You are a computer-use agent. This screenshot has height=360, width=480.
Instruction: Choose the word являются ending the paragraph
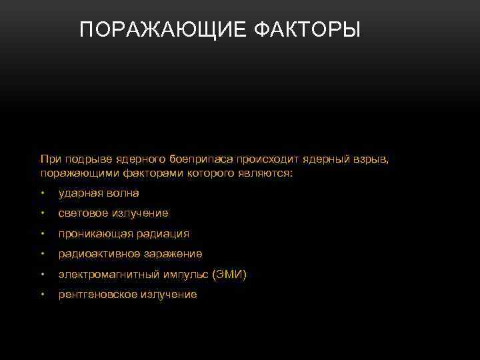pyautogui.click(x=267, y=173)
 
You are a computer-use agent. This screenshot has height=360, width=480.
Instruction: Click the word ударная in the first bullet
pyautogui.click(x=79, y=193)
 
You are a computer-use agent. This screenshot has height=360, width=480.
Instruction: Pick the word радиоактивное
pyautogui.click(x=97, y=254)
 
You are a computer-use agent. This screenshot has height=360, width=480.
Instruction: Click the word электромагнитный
pyautogui.click(x=109, y=275)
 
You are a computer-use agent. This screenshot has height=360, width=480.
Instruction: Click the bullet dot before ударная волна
pyautogui.click(x=42, y=194)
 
